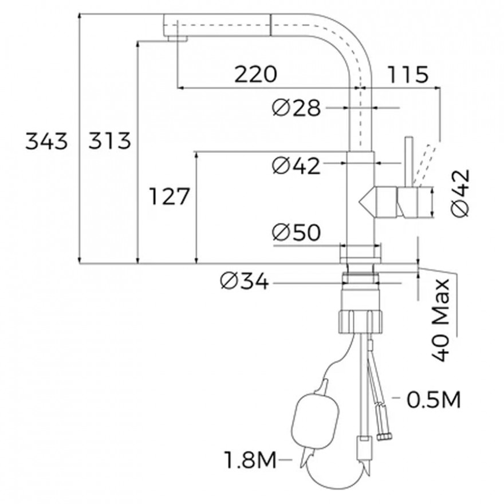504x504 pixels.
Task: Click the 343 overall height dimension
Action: pos(46,141)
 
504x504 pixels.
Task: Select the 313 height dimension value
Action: pos(109,141)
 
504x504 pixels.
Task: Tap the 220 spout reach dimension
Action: pos(255,74)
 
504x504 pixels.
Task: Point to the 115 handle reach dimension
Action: pos(408,74)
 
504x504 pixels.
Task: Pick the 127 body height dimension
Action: pos(169,196)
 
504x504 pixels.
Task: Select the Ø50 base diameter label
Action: pos(296,232)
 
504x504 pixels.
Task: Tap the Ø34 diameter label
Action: pos(245,282)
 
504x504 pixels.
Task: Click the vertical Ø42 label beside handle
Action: pos(460,193)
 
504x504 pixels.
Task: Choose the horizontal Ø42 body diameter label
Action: pos(296,166)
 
